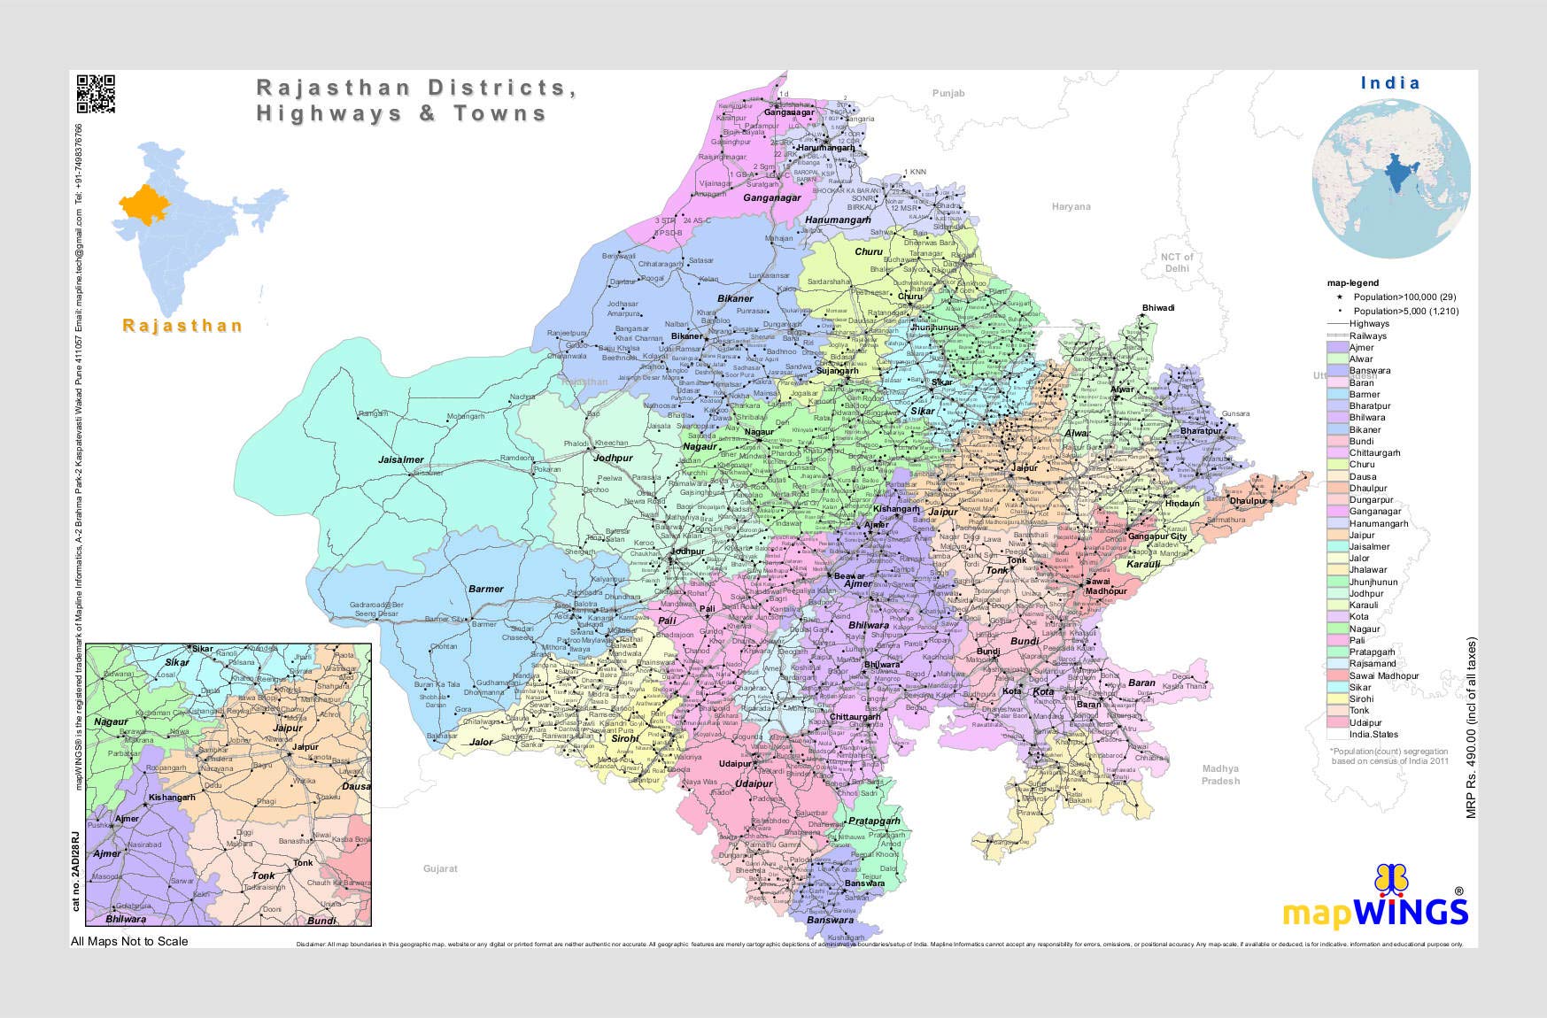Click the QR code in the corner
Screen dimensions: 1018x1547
[x=96, y=95]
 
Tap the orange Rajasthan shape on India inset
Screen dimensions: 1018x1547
[x=143, y=205]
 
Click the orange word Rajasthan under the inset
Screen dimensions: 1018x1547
[x=182, y=326]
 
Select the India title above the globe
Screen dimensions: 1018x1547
[x=1389, y=83]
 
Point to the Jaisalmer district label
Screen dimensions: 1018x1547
[x=401, y=459]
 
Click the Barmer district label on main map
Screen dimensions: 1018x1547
[x=485, y=589]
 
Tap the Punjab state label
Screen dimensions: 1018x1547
[x=948, y=93]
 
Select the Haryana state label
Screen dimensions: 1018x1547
[x=1071, y=207]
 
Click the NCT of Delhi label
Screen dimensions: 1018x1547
[x=1177, y=263]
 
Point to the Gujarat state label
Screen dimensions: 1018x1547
[x=440, y=868]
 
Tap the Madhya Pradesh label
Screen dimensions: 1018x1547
[x=1220, y=775]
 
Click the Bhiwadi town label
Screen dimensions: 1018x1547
[x=1158, y=308]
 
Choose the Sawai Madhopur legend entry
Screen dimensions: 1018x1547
[x=1383, y=675]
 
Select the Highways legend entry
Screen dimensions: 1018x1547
[x=1369, y=324]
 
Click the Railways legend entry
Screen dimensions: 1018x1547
[x=1368, y=335]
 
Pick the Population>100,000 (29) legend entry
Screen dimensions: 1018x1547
[x=1404, y=297]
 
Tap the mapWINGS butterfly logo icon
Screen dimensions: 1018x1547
[x=1391, y=880]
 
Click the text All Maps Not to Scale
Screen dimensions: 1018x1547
[x=129, y=941]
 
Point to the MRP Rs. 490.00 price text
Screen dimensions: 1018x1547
[x=1472, y=728]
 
